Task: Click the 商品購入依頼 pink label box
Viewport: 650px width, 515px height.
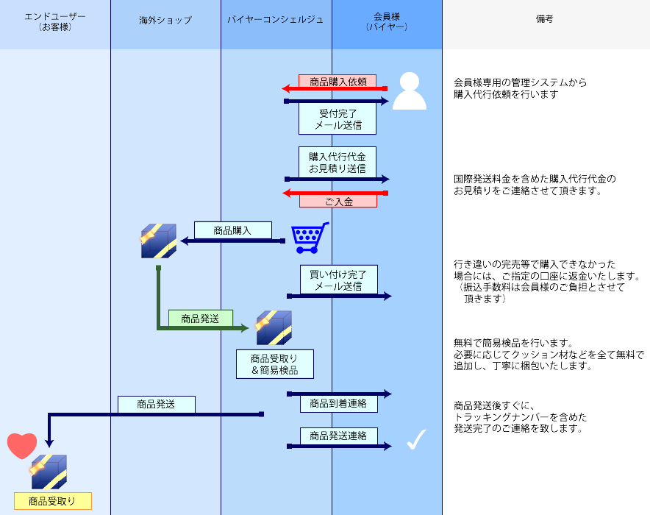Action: click(337, 82)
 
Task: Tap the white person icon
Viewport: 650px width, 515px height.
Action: click(409, 92)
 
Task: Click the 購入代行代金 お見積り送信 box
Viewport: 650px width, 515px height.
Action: click(337, 163)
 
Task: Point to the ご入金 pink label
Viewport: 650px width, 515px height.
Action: click(337, 201)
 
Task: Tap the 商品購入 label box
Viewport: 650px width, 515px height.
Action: click(232, 230)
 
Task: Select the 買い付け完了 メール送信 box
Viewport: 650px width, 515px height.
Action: click(338, 280)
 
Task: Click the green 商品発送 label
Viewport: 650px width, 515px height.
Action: click(200, 319)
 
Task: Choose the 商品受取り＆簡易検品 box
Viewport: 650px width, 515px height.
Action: click(274, 363)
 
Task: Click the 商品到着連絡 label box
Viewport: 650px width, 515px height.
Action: click(338, 403)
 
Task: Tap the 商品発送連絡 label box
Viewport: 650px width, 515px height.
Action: click(338, 436)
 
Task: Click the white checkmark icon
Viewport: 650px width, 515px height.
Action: click(416, 439)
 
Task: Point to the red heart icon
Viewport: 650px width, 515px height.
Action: click(22, 446)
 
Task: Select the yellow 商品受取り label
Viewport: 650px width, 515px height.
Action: click(52, 502)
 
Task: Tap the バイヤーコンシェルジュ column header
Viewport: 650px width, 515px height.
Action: click(276, 20)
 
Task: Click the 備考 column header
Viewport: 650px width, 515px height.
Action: click(545, 20)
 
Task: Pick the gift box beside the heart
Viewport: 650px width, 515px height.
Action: click(49, 472)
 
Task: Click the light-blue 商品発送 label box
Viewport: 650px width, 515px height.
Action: click(156, 404)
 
